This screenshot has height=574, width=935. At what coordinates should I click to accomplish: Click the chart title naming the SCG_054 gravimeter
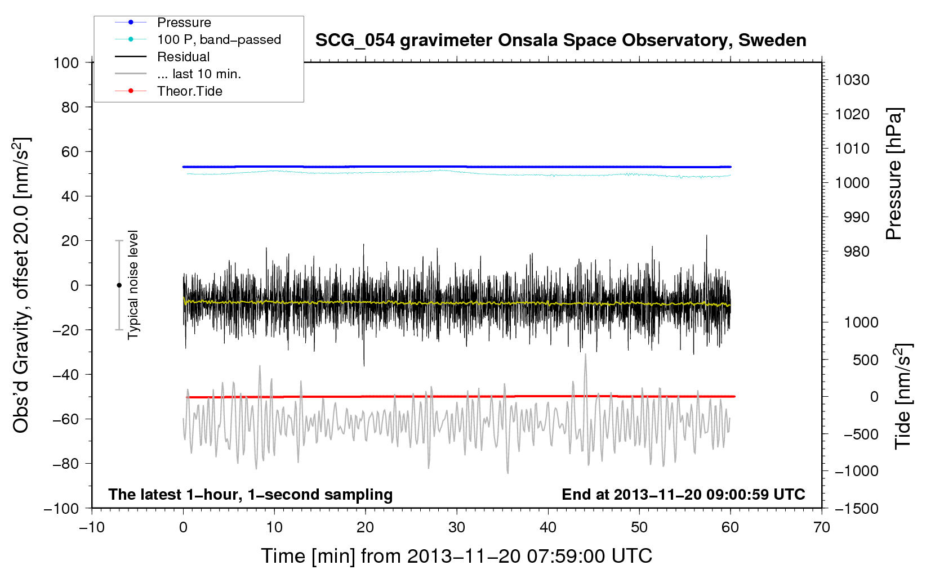(x=560, y=41)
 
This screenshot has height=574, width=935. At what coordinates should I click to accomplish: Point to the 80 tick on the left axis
(x=70, y=107)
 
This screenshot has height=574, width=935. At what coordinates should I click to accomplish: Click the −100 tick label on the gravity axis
(x=61, y=509)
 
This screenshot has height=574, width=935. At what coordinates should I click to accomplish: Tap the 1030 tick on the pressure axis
(x=852, y=80)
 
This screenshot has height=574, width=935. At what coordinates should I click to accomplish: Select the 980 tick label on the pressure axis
(x=857, y=252)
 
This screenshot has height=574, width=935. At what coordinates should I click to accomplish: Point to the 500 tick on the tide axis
(x=865, y=360)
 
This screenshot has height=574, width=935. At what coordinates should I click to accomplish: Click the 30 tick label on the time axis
(x=457, y=527)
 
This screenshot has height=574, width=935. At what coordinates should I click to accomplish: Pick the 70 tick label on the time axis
(x=821, y=527)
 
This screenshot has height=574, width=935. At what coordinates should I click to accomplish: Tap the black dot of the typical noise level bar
(x=119, y=285)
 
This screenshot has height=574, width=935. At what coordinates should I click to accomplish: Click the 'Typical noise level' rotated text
(x=133, y=285)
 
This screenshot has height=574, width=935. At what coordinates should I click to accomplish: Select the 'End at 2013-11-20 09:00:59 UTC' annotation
(x=683, y=494)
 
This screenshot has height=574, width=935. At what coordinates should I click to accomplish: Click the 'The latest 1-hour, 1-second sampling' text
(x=251, y=495)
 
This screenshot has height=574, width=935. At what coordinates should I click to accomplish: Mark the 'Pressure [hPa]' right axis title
(x=894, y=173)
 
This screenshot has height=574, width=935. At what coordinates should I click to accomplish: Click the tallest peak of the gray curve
(x=585, y=355)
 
